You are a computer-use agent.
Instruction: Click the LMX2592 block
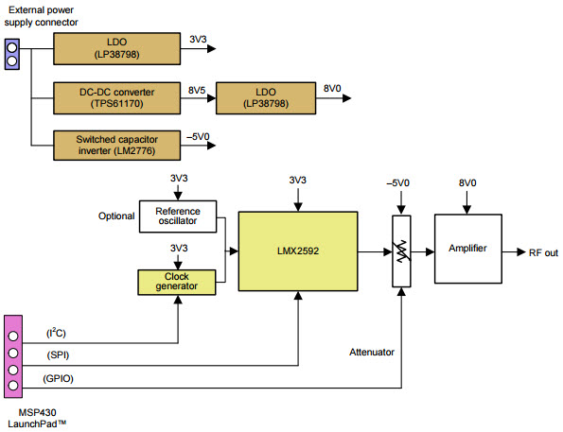tap(298, 251)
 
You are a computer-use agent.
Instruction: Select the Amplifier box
tap(468, 249)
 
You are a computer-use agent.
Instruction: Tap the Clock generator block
tap(177, 283)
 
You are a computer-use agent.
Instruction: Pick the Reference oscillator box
tap(178, 216)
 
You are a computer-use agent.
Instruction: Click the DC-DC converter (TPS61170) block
tap(116, 98)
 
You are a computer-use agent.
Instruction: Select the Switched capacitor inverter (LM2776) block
tap(116, 146)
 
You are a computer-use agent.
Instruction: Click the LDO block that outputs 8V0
tap(266, 98)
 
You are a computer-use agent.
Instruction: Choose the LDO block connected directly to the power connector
tap(116, 49)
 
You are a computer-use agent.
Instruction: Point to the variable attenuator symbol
tap(401, 251)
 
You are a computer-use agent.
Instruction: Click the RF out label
tap(543, 253)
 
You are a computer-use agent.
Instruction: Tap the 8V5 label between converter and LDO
tap(197, 90)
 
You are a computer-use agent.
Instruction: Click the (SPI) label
tap(58, 355)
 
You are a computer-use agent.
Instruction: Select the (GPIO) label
tap(58, 378)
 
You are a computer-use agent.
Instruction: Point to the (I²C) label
tap(56, 333)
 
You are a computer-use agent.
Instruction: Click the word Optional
tap(116, 216)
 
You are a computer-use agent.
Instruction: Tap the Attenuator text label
tap(372, 352)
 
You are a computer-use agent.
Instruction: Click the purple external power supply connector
tap(12, 54)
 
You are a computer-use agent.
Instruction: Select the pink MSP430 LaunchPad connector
tap(13, 356)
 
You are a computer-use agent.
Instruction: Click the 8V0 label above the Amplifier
tap(467, 183)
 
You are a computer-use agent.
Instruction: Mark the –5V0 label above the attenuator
tap(397, 183)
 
